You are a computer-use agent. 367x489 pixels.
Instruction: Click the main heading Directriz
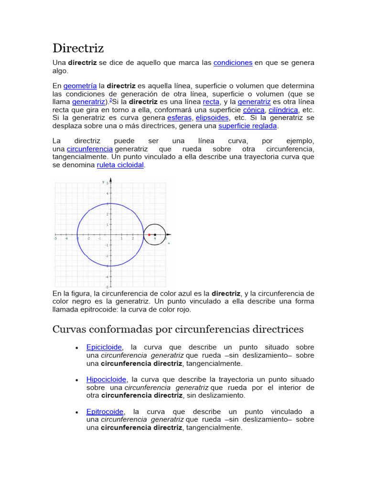pyautogui.click(x=78, y=48)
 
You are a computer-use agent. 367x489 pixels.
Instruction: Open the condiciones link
pyautogui.click(x=233, y=63)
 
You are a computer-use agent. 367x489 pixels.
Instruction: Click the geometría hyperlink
pyautogui.click(x=80, y=85)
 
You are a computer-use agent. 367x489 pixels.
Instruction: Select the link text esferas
pyautogui.click(x=179, y=117)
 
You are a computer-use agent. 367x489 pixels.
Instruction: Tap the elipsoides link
pyautogui.click(x=212, y=117)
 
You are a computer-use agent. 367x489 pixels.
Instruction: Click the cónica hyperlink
pyautogui.click(x=253, y=110)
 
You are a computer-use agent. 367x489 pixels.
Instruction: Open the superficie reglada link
pyautogui.click(x=248, y=126)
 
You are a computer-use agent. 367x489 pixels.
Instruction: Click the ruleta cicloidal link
pyautogui.click(x=120, y=165)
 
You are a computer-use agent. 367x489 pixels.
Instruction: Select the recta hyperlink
pyautogui.click(x=211, y=102)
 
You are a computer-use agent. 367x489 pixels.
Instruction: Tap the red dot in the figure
pyautogui.click(x=149, y=234)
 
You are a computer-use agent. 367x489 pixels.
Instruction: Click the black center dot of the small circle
pyautogui.click(x=155, y=234)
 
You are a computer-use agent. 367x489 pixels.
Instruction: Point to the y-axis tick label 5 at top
pyautogui.click(x=107, y=183)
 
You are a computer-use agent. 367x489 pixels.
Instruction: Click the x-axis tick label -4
pyautogui.click(x=66, y=238)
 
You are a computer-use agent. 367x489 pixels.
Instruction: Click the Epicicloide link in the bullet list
pyautogui.click(x=104, y=347)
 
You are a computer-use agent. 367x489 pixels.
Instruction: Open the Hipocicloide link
pyautogui.click(x=106, y=379)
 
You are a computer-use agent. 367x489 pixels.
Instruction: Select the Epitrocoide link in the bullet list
pyautogui.click(x=105, y=411)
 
